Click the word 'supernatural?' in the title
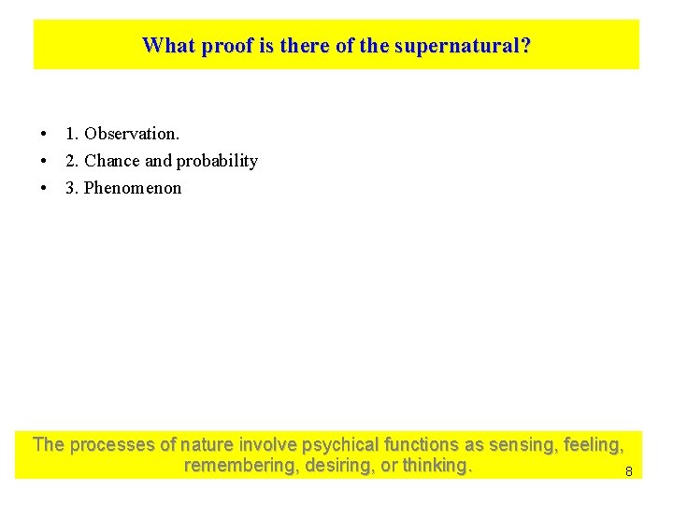coord(463,45)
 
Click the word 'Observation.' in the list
coord(132,134)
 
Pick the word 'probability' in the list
coord(217,161)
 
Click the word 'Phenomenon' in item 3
coord(133,188)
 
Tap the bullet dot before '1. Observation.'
coord(44,135)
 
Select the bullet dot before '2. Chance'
coord(44,162)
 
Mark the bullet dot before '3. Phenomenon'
coord(44,189)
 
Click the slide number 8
coord(628,472)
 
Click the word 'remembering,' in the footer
coord(237,466)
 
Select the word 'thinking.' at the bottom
coord(437,466)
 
